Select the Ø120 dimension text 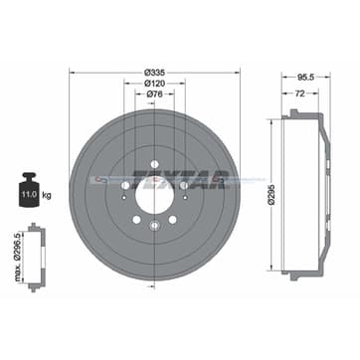(x=154, y=84)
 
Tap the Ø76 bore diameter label (x=154, y=96)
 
